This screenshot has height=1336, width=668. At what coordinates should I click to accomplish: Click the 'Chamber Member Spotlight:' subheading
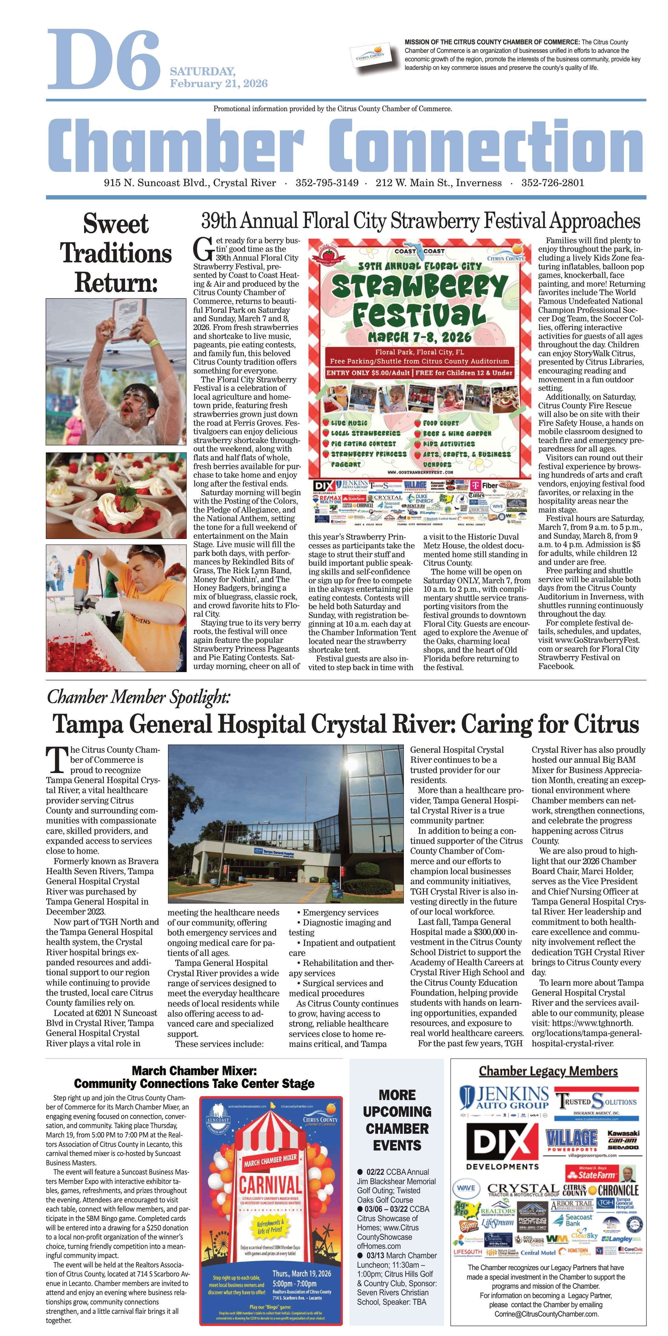pyautogui.click(x=138, y=697)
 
